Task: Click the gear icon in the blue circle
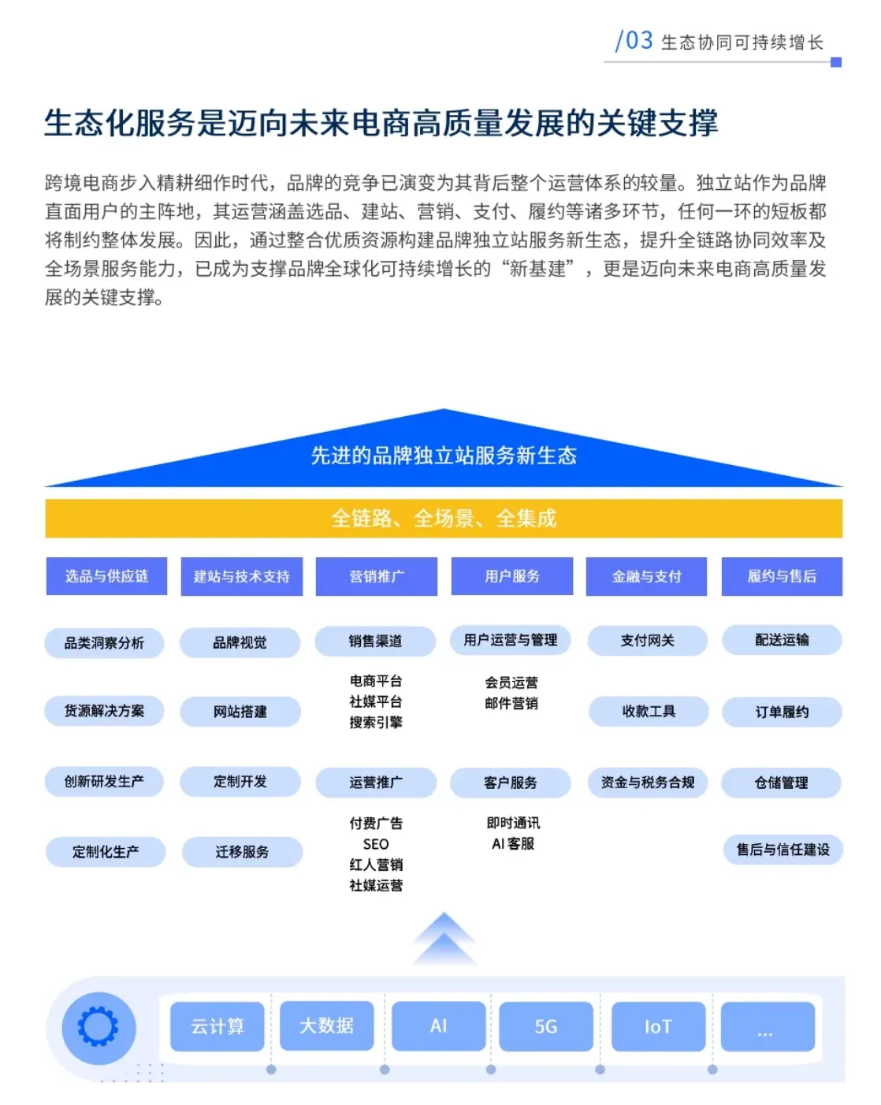click(x=99, y=1026)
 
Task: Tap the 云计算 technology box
click(x=217, y=1026)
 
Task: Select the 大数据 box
click(x=326, y=1025)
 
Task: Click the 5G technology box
click(x=545, y=1026)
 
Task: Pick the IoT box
click(x=658, y=1026)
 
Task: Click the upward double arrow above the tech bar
click(x=444, y=938)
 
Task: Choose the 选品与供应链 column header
click(x=106, y=576)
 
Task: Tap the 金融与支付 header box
click(x=646, y=576)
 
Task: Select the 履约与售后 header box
click(x=782, y=576)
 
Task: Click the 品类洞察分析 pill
click(x=104, y=643)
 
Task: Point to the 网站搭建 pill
click(x=240, y=712)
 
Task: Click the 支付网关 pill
click(x=647, y=641)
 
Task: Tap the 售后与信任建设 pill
click(x=782, y=850)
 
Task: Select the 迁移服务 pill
click(x=242, y=852)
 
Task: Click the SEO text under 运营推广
click(x=376, y=844)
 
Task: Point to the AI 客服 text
click(x=513, y=844)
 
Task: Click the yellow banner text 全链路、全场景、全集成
click(x=444, y=518)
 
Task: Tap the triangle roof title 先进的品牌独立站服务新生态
click(x=444, y=456)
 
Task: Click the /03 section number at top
click(x=634, y=40)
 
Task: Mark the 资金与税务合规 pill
click(x=648, y=783)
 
